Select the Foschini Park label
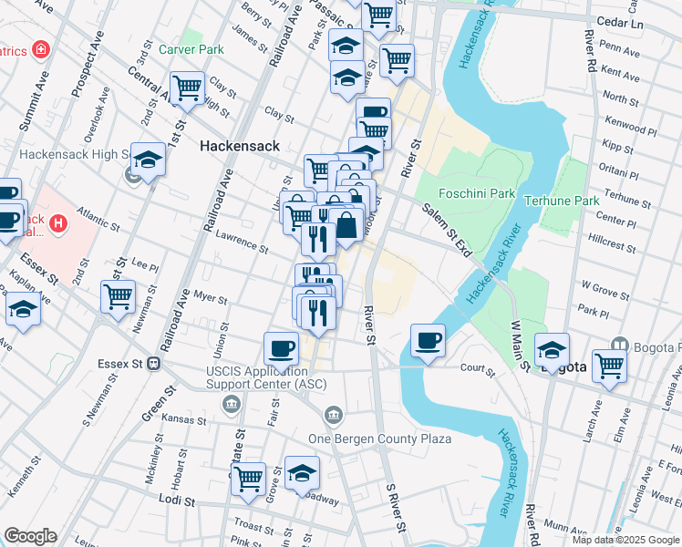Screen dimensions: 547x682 point(477,193)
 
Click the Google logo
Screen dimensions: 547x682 point(29,536)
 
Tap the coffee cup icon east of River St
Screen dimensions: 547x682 point(428,341)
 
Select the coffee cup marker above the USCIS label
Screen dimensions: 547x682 point(281,347)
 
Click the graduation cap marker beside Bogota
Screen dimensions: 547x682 point(552,349)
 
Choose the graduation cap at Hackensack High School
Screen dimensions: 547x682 point(148,160)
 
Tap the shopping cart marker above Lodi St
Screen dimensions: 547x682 point(248,478)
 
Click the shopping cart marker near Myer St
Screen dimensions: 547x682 point(119,295)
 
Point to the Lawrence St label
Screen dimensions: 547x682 point(242,242)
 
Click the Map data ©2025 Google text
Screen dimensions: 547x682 point(625,540)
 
